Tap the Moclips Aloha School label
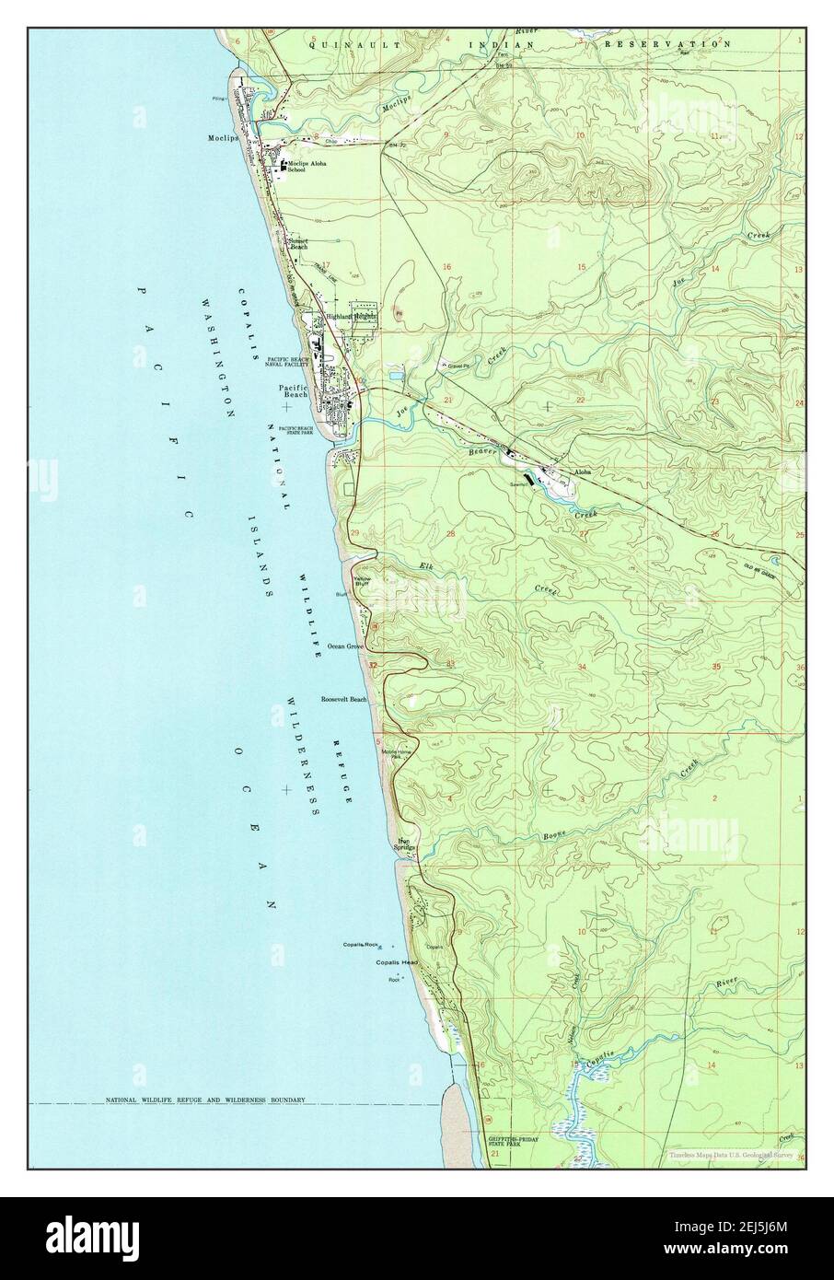coord(307,167)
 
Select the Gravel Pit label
coord(459,366)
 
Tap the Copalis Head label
coord(396,963)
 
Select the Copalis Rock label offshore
coord(361,945)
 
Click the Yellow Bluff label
coord(362,581)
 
